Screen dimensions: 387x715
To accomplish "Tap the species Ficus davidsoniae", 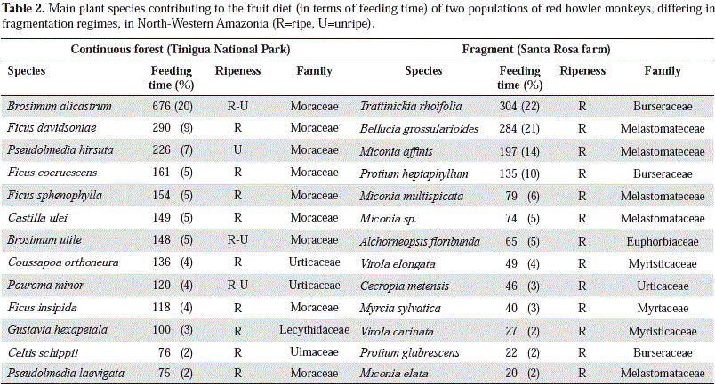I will tap(52, 128).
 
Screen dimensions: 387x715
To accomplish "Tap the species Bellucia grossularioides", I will tap(419, 128).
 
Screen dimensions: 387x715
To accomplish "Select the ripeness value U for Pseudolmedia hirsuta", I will tap(237, 150).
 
